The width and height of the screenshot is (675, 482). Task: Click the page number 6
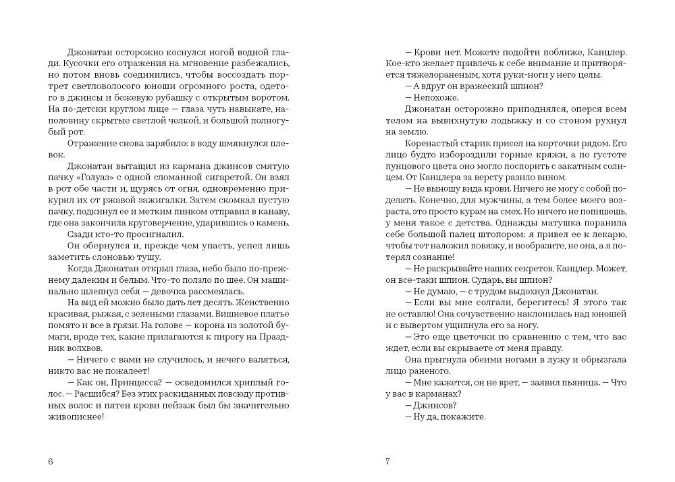(51, 462)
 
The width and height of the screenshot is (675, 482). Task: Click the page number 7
(387, 462)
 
